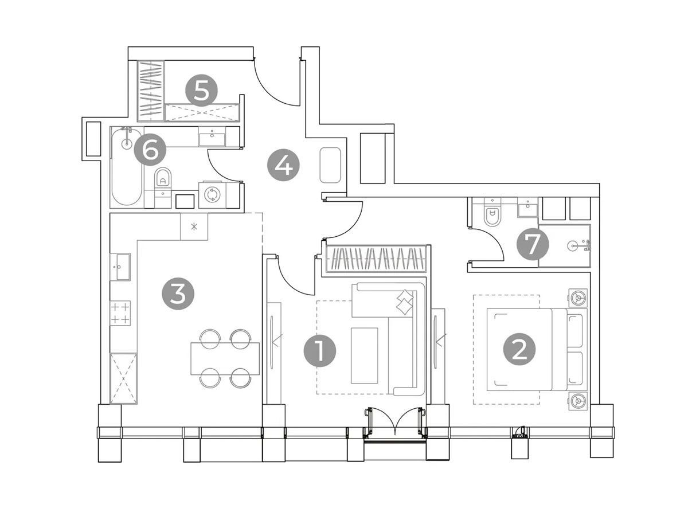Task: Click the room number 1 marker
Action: (x=319, y=350)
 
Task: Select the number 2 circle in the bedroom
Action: (x=519, y=349)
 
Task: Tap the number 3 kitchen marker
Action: (x=178, y=294)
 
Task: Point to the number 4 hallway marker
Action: (x=283, y=165)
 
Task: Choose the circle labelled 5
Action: (x=201, y=90)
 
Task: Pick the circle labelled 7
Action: (x=533, y=244)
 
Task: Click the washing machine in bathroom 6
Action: (x=212, y=195)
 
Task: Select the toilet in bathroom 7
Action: (x=492, y=214)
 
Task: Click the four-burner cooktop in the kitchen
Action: (x=120, y=312)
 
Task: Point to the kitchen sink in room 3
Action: (x=120, y=267)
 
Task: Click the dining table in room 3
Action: (x=225, y=358)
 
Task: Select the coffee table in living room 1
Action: (x=364, y=355)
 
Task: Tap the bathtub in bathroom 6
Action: (x=127, y=166)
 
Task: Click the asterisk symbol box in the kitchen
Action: (x=194, y=226)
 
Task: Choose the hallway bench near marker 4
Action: (x=330, y=165)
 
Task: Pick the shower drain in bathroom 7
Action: (x=572, y=245)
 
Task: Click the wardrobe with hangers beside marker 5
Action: (x=151, y=91)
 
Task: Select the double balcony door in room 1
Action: (x=395, y=423)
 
